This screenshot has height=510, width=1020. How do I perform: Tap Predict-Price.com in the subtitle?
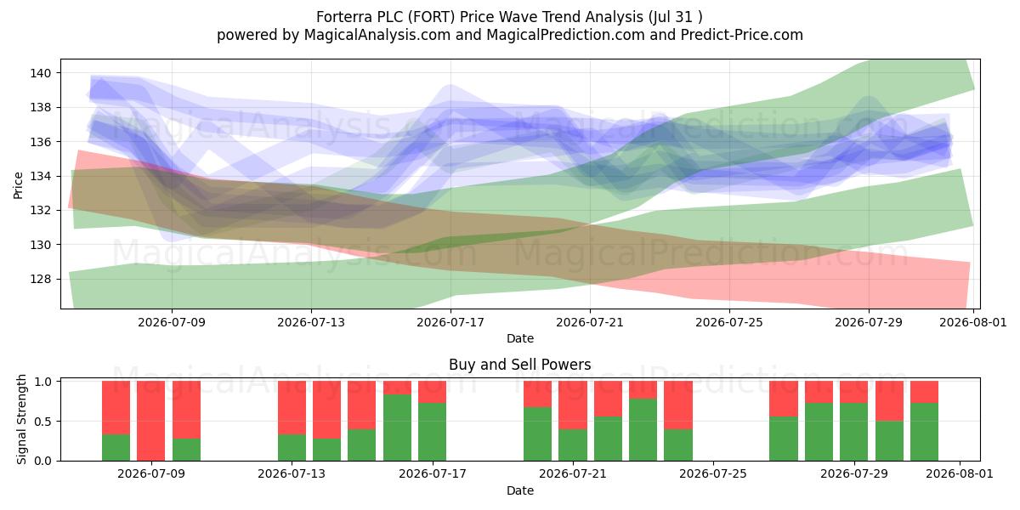[x=742, y=35]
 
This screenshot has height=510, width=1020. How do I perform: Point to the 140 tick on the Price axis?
[x=41, y=73]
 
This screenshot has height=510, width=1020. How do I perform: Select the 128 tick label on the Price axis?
[x=41, y=279]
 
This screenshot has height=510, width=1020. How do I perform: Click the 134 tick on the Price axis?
[x=41, y=176]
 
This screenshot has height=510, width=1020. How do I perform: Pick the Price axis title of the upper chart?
[x=18, y=186]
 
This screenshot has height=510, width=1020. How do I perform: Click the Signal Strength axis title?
[x=21, y=419]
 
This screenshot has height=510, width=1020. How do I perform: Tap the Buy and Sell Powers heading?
[x=520, y=365]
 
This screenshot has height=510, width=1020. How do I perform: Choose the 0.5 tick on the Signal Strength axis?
[x=42, y=422]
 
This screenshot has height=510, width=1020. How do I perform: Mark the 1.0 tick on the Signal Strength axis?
[x=42, y=381]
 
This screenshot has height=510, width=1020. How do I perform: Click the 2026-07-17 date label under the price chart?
[x=450, y=322]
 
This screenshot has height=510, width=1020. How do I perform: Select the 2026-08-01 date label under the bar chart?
[x=960, y=474]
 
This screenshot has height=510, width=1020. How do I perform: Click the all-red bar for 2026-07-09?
[x=150, y=421]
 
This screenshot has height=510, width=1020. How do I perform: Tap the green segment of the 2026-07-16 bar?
[x=397, y=428]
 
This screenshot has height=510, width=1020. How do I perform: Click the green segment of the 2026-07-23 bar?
[x=643, y=430]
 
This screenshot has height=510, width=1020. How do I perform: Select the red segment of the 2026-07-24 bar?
[x=678, y=405]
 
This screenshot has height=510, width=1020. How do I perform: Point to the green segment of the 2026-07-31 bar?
[x=925, y=432]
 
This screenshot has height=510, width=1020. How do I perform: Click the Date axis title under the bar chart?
[x=520, y=490]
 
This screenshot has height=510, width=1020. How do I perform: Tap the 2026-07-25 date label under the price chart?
[x=729, y=322]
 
